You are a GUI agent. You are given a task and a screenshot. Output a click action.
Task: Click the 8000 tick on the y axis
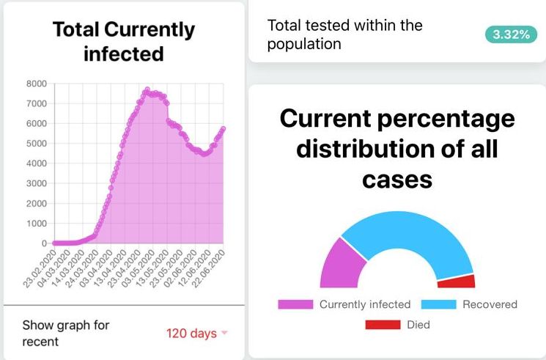[x=36, y=84]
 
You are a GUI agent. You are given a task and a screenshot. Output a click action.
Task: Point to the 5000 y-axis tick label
[x=36, y=144]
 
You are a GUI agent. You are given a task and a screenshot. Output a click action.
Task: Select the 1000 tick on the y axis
[x=36, y=223]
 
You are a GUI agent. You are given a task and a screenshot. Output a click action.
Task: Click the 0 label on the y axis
[x=44, y=243]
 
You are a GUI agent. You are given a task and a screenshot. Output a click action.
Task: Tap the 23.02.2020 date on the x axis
[x=37, y=267]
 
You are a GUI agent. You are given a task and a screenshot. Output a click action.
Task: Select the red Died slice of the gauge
[x=457, y=281]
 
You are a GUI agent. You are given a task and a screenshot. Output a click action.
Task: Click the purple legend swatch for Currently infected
[x=295, y=304]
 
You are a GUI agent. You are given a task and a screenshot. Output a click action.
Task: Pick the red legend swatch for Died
[x=383, y=324]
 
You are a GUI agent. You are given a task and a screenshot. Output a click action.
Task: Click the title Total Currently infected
[x=124, y=42]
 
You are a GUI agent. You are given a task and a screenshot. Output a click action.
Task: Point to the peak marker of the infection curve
[x=147, y=89]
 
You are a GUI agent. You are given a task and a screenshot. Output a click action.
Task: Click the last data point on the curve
[x=223, y=129]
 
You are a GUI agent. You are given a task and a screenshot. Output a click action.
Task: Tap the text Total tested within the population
[x=344, y=34]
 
